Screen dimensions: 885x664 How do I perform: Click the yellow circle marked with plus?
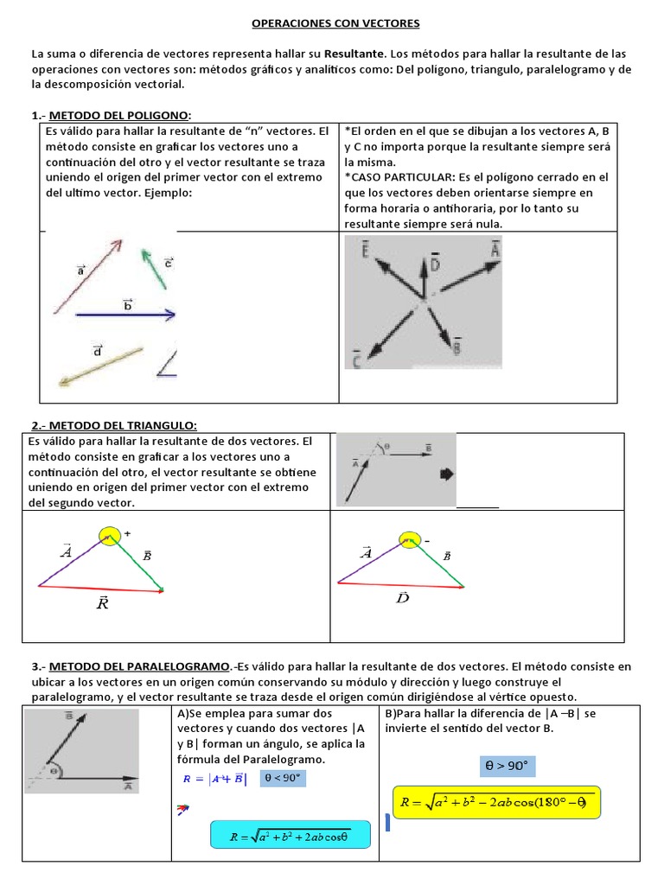click(x=110, y=538)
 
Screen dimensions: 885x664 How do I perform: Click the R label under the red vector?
click(x=103, y=603)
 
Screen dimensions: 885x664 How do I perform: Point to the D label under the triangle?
click(x=403, y=597)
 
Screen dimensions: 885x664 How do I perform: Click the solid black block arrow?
click(x=447, y=474)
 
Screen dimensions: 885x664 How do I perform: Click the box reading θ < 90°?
click(x=281, y=778)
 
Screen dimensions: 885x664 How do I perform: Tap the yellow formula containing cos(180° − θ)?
click(x=495, y=803)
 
